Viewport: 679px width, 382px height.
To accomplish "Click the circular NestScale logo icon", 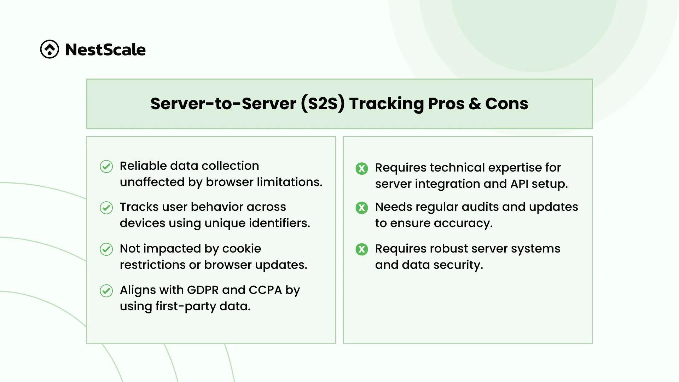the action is click(x=50, y=49).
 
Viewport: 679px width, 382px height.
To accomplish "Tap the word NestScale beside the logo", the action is click(x=105, y=50).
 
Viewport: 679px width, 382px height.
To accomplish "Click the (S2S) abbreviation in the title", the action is click(x=323, y=104).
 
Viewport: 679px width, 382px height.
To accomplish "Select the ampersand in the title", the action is click(x=475, y=104).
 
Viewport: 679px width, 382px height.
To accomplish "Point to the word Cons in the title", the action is click(x=507, y=104).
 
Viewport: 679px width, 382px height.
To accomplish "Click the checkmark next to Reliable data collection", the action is click(x=106, y=166).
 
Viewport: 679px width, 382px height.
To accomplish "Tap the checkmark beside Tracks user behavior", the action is click(x=106, y=208).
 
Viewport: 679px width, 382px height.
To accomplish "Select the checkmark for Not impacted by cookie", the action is click(x=106, y=249).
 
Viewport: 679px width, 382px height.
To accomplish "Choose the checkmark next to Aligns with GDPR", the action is click(x=106, y=291).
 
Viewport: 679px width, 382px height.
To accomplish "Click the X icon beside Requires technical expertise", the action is click(x=361, y=168).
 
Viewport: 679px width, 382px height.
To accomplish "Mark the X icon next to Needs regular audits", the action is click(x=361, y=208).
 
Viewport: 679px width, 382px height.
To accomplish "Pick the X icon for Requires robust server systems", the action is click(x=361, y=249).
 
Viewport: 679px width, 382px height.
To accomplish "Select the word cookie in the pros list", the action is click(x=242, y=249).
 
